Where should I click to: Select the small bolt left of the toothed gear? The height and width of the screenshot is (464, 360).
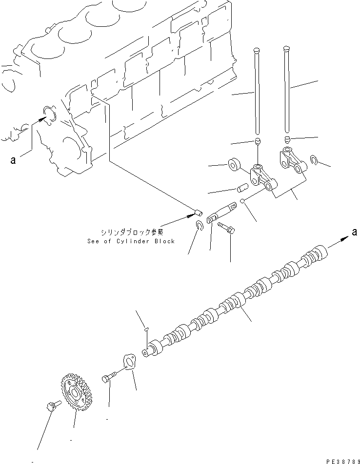click(x=52, y=406)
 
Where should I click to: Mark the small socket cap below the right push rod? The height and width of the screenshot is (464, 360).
click(x=287, y=140)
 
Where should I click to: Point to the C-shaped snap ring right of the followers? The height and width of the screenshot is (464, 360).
click(x=315, y=160)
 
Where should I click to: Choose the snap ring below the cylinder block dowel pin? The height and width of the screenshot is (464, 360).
click(x=199, y=225)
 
